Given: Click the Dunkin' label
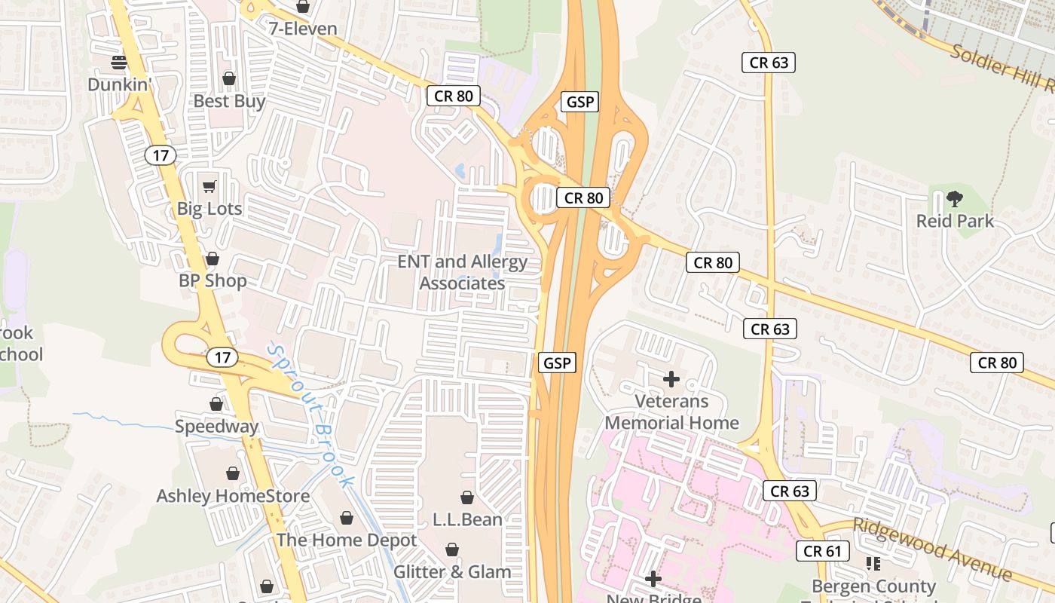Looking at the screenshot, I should tap(120, 84).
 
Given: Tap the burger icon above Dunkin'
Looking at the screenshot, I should tap(119, 61).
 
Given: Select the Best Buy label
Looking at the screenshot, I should tap(229, 101).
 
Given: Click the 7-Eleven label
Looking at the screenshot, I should tap(303, 29).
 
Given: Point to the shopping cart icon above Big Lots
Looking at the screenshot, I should tap(209, 185).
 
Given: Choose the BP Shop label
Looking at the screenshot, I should tap(213, 281).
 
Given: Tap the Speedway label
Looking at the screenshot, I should tap(216, 427).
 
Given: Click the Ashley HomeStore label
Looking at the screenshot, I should tap(233, 496).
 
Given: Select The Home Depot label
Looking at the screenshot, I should tap(346, 540).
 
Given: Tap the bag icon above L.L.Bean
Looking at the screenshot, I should tap(467, 497).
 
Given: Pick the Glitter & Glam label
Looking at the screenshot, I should tap(452, 572).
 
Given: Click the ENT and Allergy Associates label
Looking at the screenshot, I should tap(463, 273).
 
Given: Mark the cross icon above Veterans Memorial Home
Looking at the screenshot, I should tap(671, 378).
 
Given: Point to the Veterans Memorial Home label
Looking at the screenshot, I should tap(671, 412).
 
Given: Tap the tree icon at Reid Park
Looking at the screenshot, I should tap(955, 199).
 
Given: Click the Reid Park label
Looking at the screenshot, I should tap(955, 221).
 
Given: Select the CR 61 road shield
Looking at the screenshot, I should tap(822, 551).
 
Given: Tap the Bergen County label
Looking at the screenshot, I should tap(873, 586).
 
